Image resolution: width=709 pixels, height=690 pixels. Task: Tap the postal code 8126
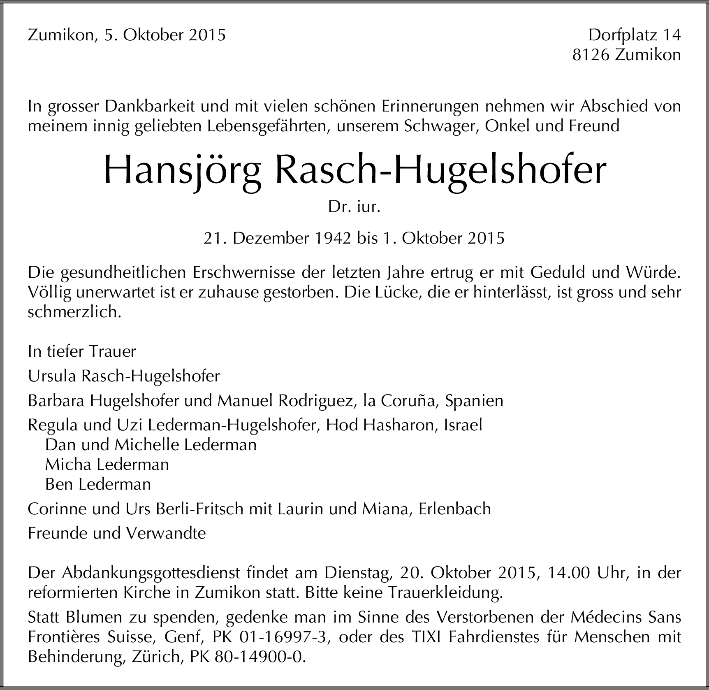[x=590, y=55]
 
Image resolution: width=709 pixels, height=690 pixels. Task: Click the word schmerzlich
[x=74, y=312]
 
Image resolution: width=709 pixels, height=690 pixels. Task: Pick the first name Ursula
[x=52, y=376]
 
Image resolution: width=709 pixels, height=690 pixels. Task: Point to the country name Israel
[x=463, y=425]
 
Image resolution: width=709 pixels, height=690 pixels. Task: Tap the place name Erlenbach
[x=455, y=509]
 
